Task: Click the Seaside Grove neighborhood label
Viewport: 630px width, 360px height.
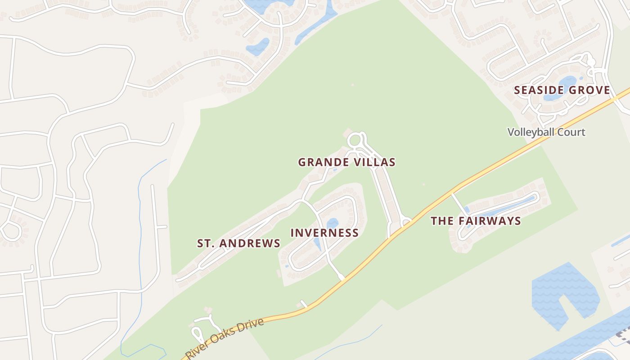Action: pyautogui.click(x=562, y=90)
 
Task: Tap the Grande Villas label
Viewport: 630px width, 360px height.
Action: pyautogui.click(x=346, y=162)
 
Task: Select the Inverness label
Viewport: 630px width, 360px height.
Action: pyautogui.click(x=324, y=233)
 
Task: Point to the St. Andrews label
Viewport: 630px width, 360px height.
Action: pyautogui.click(x=238, y=243)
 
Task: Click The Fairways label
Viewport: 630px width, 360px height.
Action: pyautogui.click(x=476, y=221)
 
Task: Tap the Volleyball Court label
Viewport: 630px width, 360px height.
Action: pyautogui.click(x=546, y=132)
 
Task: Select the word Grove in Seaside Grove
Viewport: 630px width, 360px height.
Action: pyautogui.click(x=590, y=90)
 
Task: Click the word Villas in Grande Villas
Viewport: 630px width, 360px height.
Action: pyautogui.click(x=375, y=162)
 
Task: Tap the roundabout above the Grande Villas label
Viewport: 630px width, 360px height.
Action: pyautogui.click(x=356, y=140)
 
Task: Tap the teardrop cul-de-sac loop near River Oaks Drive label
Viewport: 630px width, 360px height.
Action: pyautogui.click(x=197, y=333)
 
